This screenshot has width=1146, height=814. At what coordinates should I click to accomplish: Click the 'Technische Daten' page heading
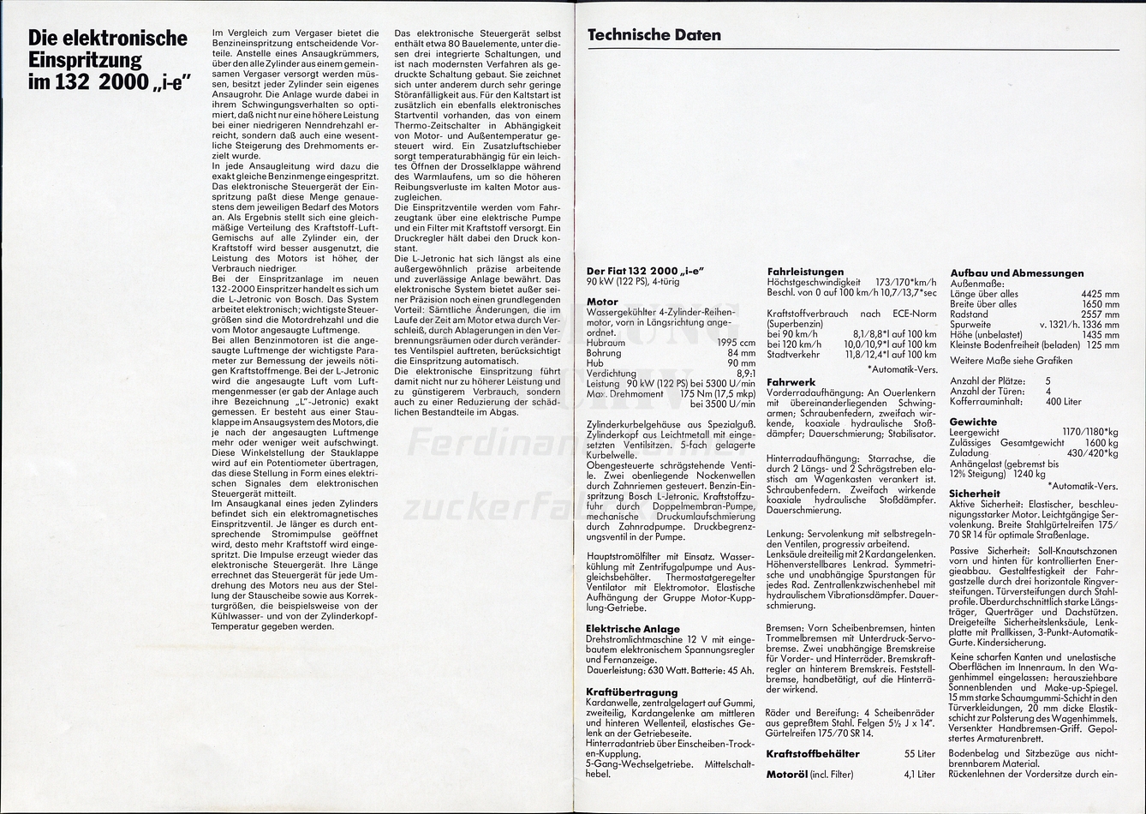point(654,35)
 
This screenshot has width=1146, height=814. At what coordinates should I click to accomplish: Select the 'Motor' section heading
point(602,302)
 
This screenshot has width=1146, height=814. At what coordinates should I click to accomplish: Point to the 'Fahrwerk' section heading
point(791,382)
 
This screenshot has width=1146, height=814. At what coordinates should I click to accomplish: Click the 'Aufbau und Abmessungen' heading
point(1017,273)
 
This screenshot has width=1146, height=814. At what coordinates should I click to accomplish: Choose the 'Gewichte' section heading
point(973,422)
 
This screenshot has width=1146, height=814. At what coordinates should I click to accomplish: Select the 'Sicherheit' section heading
point(975,494)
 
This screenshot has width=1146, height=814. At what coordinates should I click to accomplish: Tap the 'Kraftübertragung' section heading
point(631,692)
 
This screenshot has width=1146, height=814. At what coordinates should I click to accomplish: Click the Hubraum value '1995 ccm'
point(734,343)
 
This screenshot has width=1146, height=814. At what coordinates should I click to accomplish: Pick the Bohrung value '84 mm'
point(741,353)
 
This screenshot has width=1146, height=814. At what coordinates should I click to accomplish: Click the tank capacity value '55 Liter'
point(920,754)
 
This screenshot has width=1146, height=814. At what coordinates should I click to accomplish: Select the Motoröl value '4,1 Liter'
point(919,775)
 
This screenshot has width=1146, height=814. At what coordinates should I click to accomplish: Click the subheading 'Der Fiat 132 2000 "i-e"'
point(645,272)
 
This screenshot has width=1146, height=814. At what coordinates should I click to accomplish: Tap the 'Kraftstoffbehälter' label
point(813,754)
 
